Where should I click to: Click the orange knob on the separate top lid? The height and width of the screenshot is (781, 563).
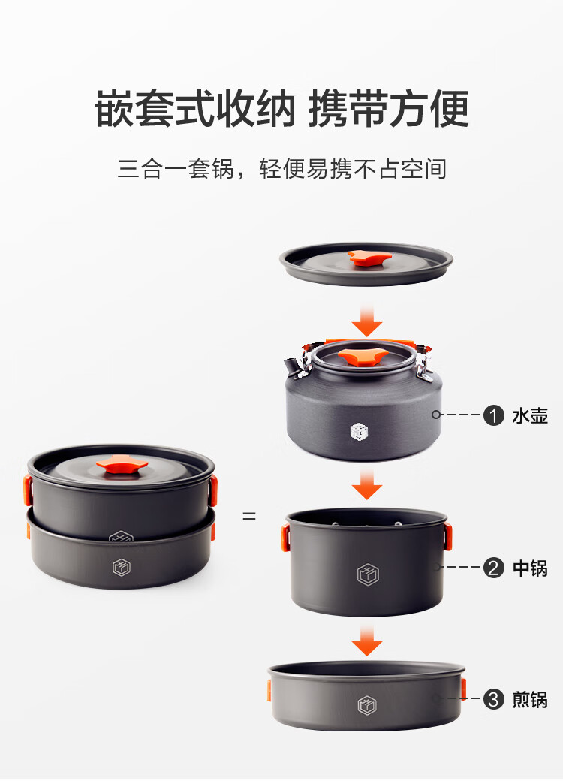click(x=369, y=258)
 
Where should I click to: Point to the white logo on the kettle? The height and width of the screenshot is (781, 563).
click(x=359, y=431)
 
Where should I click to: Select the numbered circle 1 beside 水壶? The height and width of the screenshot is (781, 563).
click(x=494, y=415)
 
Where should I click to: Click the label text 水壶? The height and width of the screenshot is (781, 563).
click(x=530, y=415)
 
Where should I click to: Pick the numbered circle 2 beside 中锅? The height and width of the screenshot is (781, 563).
click(x=494, y=568)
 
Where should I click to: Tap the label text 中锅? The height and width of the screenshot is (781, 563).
click(x=530, y=568)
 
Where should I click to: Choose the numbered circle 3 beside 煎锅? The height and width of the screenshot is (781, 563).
click(x=494, y=699)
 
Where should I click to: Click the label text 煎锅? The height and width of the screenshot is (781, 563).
click(x=530, y=700)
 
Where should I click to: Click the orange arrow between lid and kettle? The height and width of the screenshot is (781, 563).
click(x=367, y=321)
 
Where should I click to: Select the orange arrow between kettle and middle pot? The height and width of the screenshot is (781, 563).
click(x=367, y=484)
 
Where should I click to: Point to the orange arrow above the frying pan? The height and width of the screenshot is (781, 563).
click(x=367, y=641)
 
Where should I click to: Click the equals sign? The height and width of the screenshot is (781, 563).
click(x=249, y=516)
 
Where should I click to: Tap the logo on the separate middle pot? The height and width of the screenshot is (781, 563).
click(x=368, y=574)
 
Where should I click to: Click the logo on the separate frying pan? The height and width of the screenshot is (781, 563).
click(x=367, y=706)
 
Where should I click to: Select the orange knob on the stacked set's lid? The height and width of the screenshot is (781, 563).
click(x=122, y=465)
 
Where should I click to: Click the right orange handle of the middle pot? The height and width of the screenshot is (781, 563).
click(x=447, y=536)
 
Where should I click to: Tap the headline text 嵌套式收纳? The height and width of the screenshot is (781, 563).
click(x=195, y=109)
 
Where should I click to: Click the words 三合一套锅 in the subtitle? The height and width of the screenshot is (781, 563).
click(x=175, y=169)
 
